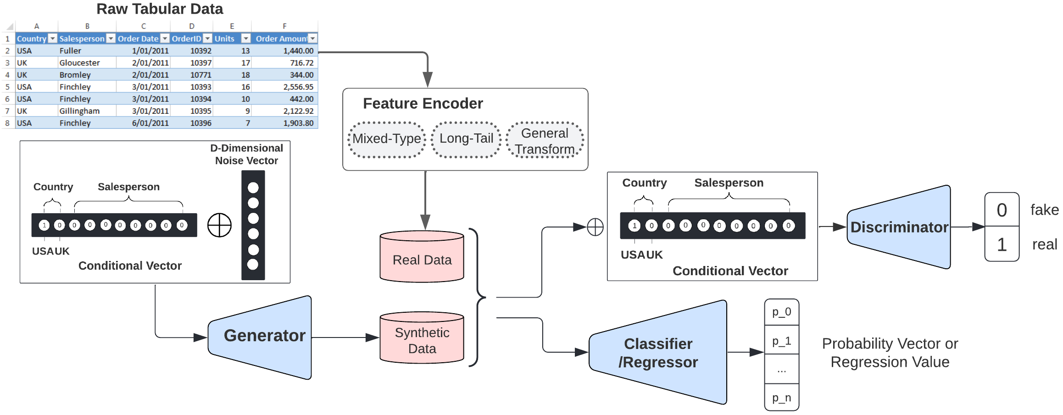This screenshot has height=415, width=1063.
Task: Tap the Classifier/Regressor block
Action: tap(658, 353)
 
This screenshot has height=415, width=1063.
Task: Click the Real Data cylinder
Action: tap(422, 259)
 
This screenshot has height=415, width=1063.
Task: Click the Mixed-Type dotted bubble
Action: tap(386, 139)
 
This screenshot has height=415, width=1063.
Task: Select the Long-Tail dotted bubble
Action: tap(466, 139)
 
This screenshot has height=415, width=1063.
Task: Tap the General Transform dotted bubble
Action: tap(545, 141)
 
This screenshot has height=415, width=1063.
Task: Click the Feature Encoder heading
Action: tap(423, 104)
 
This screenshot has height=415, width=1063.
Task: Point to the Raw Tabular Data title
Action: tap(160, 9)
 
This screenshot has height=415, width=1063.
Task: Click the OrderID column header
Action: tap(187, 39)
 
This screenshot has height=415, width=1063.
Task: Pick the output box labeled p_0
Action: tap(781, 312)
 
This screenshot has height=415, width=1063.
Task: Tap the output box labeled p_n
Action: tap(781, 398)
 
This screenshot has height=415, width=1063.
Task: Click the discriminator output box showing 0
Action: tap(1002, 210)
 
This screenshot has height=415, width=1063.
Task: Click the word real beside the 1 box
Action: tap(1044, 244)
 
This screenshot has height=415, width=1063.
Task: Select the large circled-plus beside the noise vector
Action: tap(219, 225)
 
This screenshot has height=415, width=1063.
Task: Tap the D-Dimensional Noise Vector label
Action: tap(246, 155)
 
